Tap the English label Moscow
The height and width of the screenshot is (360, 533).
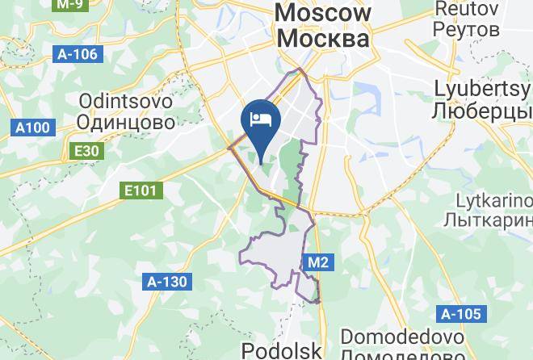[x=323, y=13]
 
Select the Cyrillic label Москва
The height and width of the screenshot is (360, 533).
[x=323, y=38]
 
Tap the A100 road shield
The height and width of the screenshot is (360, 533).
[x=32, y=128]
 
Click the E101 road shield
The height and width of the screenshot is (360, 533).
[x=141, y=190]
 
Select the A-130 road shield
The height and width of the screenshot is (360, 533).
[x=167, y=282]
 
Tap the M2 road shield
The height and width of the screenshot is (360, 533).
[x=318, y=262]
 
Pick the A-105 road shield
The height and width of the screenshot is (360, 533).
[x=461, y=314]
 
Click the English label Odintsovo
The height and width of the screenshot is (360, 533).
[x=127, y=103]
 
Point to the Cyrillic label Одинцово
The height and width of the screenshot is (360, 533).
[x=127, y=123]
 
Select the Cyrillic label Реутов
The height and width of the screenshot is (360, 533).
[x=467, y=29]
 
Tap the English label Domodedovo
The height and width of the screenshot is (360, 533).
[x=402, y=336]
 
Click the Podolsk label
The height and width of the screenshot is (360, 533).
[x=282, y=350]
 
